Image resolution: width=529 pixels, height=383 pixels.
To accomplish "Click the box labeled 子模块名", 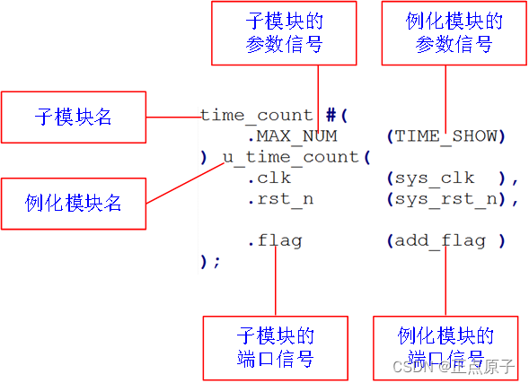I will click(74, 118).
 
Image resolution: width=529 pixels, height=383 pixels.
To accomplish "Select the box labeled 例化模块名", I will click(74, 204).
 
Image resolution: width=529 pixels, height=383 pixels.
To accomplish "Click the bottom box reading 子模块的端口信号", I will click(275, 347).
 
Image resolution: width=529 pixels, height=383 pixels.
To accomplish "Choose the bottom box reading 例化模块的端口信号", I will click(445, 348).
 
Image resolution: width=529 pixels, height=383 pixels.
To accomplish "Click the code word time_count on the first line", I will click(257, 115).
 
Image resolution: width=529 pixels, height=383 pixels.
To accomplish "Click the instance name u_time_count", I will click(290, 157).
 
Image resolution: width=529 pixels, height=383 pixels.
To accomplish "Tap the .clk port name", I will click(269, 178).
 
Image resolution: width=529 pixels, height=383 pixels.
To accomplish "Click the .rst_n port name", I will click(279, 198).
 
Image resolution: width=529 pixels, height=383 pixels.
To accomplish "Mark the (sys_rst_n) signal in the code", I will click(452, 198).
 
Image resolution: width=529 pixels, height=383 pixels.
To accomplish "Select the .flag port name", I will click(274, 240).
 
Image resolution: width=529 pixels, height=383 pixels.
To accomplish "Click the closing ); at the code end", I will click(209, 261).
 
